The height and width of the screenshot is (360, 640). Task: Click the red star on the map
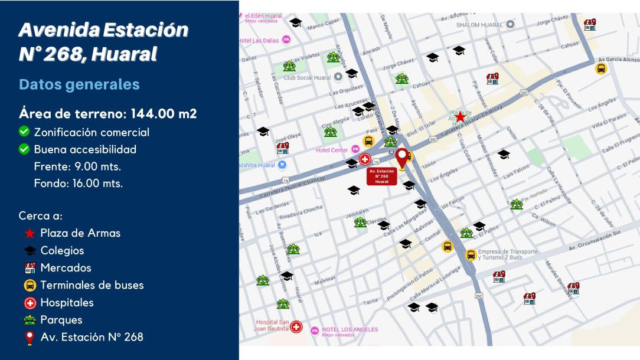pyautogui.click(x=460, y=117)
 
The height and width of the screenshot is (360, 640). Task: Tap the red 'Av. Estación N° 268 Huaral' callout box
pyautogui.click(x=381, y=176)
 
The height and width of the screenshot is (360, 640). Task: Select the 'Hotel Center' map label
pyautogui.click(x=332, y=150)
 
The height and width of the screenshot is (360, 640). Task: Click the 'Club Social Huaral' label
pyautogui.click(x=307, y=77)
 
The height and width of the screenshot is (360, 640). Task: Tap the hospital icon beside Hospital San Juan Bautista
pyautogui.click(x=296, y=326)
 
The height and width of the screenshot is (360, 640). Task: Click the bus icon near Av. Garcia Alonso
pyautogui.click(x=601, y=68)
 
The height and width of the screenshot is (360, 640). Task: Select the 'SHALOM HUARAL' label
pyautogui.click(x=479, y=25)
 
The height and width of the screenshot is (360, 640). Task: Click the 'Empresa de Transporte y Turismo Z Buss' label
pyautogui.click(x=508, y=254)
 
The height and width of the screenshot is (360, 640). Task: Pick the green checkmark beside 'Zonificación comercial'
pyautogui.click(x=24, y=132)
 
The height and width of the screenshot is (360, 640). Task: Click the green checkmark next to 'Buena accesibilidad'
pyautogui.click(x=24, y=149)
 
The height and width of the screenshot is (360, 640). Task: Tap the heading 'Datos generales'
pyautogui.click(x=79, y=84)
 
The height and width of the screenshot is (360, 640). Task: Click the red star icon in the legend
pyautogui.click(x=30, y=233)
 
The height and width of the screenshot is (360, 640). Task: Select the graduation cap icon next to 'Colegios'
pyautogui.click(x=30, y=251)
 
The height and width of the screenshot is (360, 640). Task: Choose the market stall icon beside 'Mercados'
pyautogui.click(x=30, y=268)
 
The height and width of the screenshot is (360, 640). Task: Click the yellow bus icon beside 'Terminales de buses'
pyautogui.click(x=30, y=286)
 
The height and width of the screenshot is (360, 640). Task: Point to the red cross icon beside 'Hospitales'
pyautogui.click(x=30, y=303)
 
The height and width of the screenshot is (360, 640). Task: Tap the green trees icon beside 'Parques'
pyautogui.click(x=30, y=320)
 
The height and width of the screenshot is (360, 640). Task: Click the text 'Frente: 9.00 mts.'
pyautogui.click(x=78, y=166)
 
